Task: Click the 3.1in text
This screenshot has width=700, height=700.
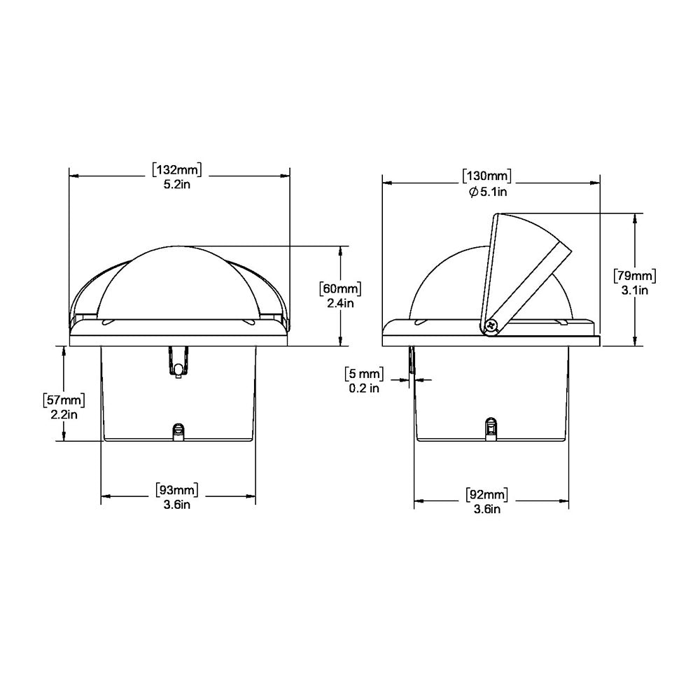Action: pos(634,290)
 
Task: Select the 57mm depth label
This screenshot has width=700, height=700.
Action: pos(64,400)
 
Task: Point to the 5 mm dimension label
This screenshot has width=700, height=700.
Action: pos(364,372)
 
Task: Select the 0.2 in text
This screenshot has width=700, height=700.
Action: pos(364,388)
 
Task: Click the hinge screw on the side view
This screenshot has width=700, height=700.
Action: pos(491,325)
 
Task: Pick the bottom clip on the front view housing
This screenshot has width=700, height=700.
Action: pos(178,431)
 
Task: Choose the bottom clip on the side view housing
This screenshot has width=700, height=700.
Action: pos(491,428)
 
